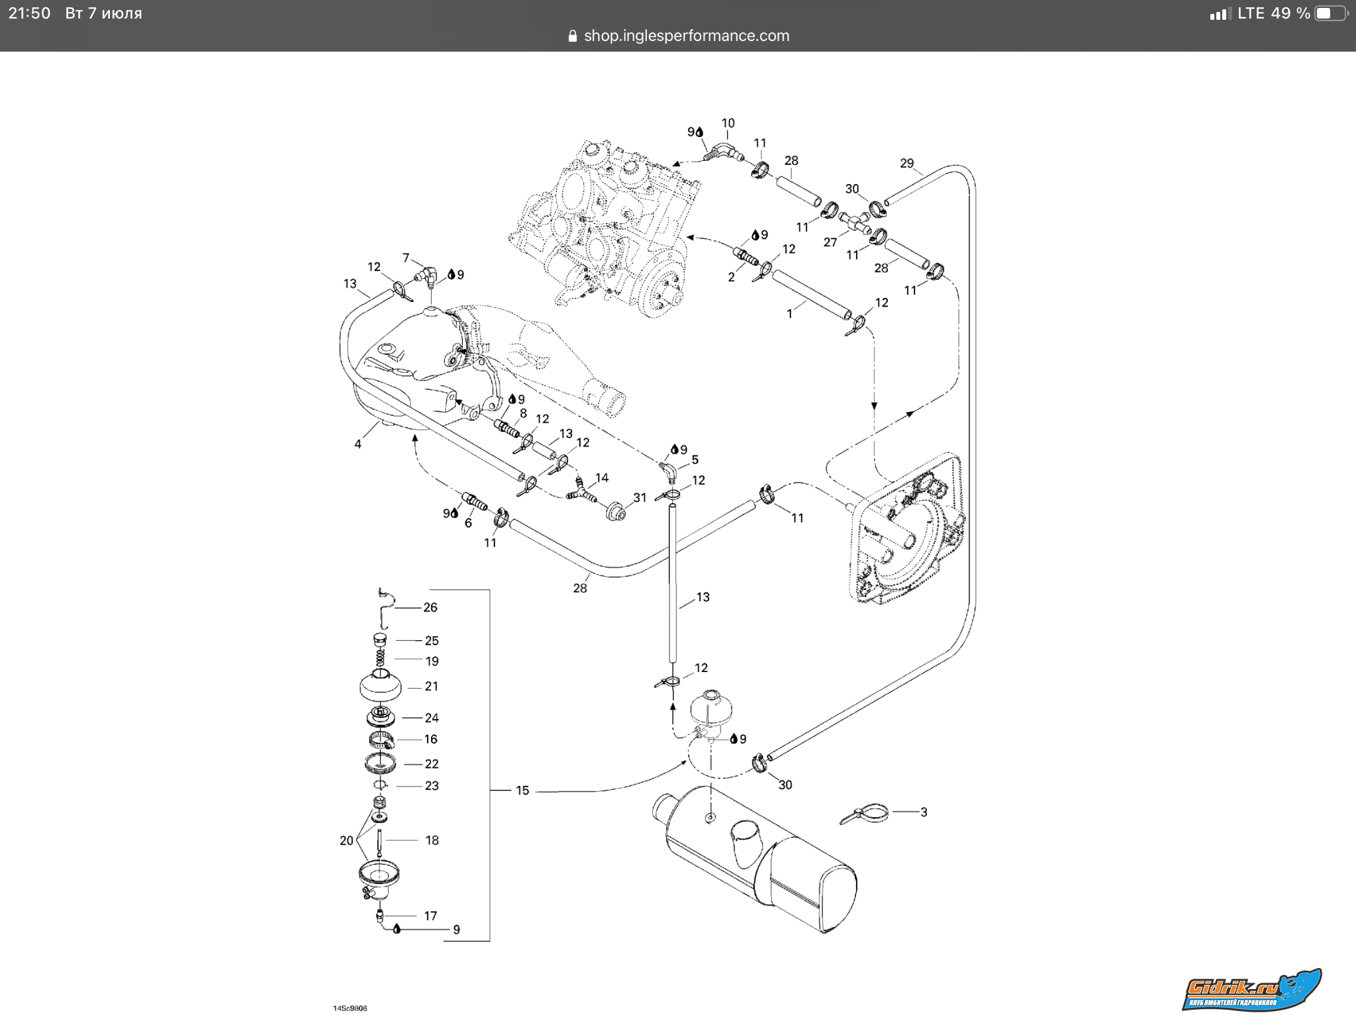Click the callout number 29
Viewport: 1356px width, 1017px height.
(906, 163)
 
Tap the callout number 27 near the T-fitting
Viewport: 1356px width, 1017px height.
(830, 242)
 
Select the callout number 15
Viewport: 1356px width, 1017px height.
(522, 791)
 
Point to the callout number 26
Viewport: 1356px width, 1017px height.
(430, 607)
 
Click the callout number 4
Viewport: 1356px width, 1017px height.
(358, 444)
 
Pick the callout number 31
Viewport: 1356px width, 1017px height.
(640, 497)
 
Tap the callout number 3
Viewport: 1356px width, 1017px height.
(924, 812)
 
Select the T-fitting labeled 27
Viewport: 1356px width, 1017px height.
(855, 222)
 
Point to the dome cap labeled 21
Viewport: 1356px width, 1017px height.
(380, 686)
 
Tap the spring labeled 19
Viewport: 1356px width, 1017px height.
(380, 658)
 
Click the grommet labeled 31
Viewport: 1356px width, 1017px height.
(617, 511)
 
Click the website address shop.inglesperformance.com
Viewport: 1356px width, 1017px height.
(686, 36)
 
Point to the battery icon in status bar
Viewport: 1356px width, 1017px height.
(1330, 13)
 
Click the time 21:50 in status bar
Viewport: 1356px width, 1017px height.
(29, 13)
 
